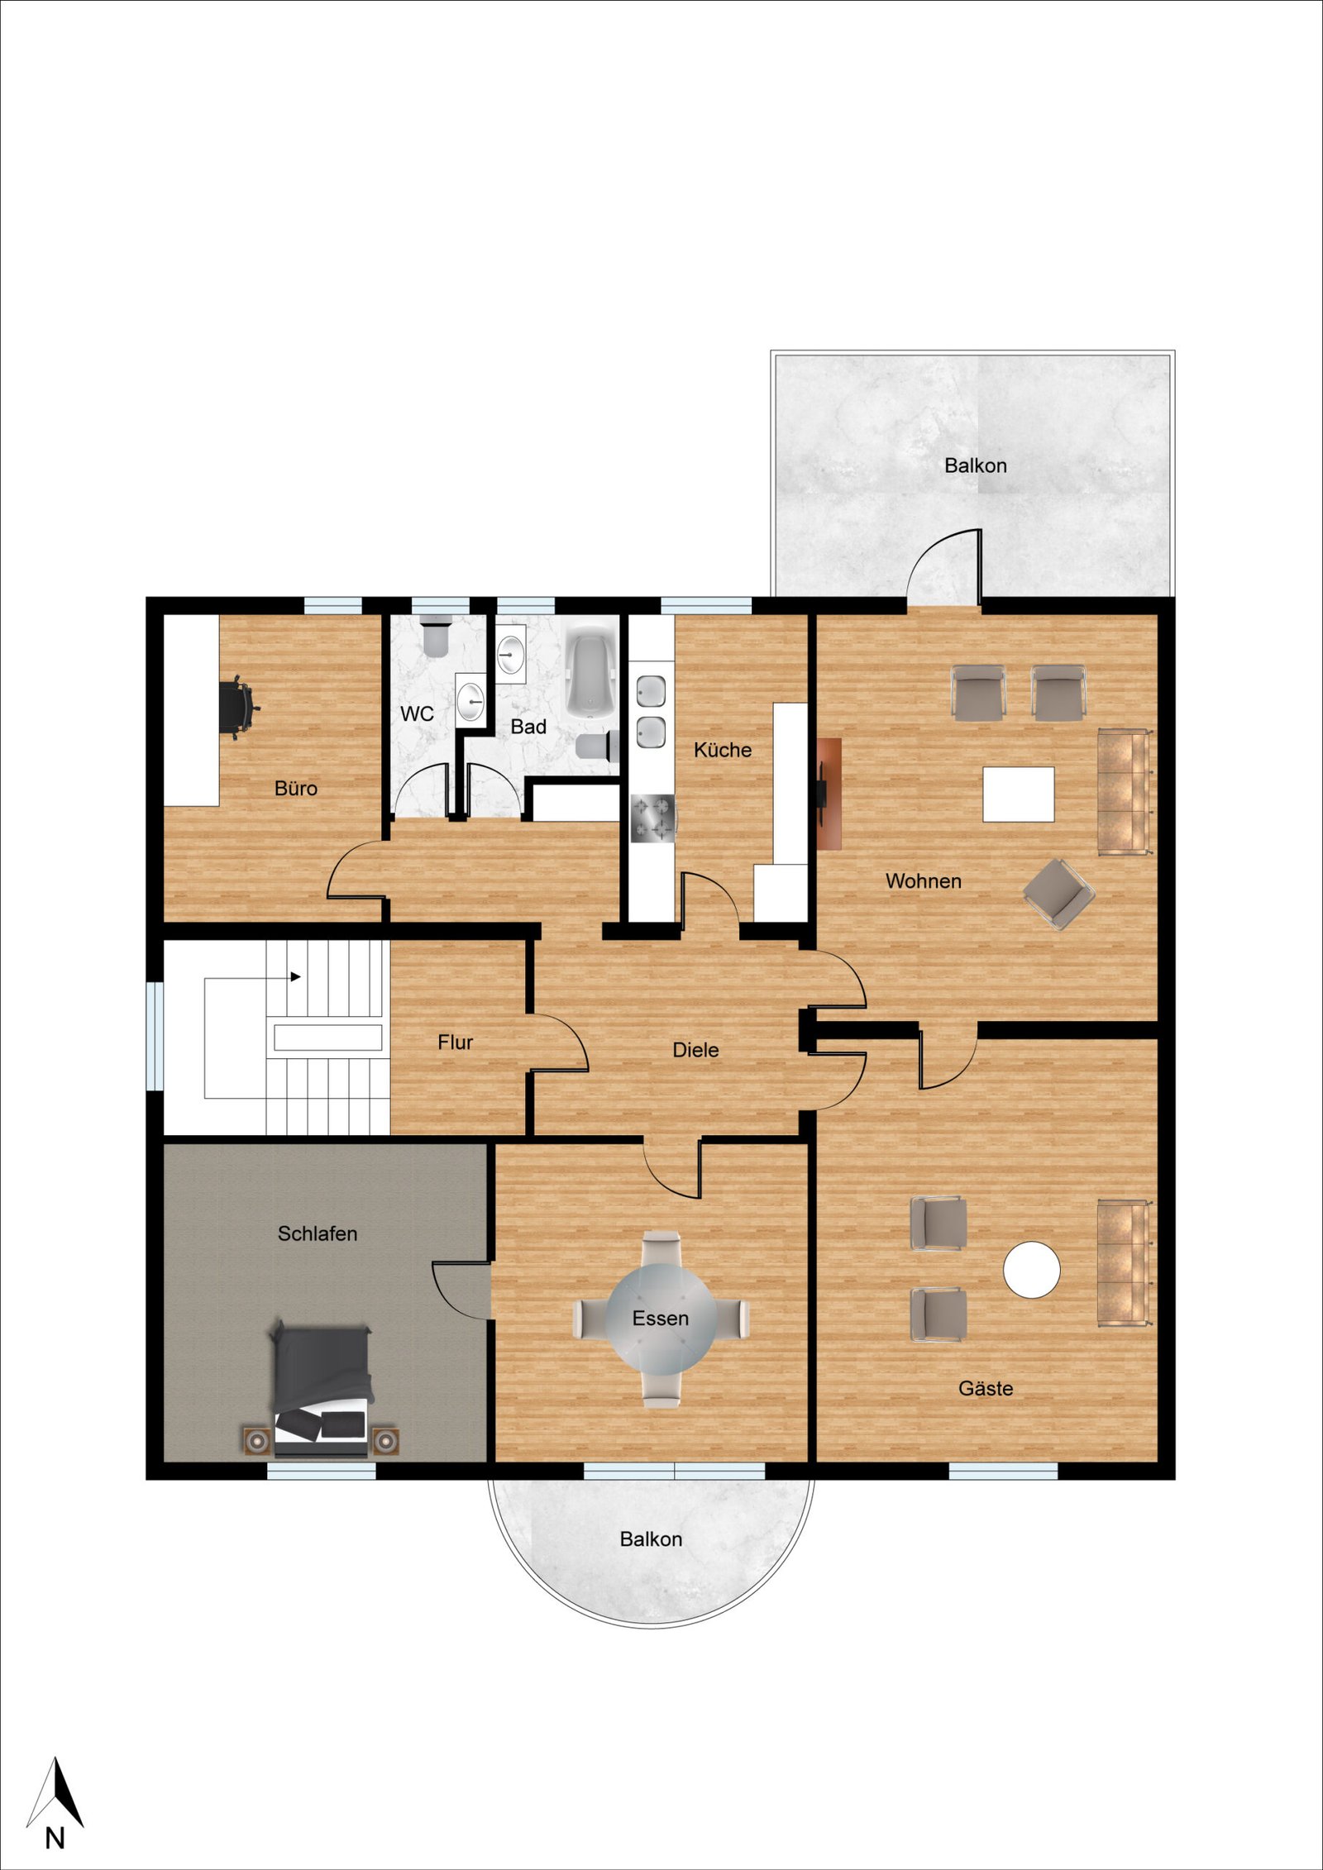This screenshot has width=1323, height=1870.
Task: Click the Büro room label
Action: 296,789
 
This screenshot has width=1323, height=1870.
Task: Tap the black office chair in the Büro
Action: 239,708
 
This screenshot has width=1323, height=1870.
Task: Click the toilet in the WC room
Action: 436,637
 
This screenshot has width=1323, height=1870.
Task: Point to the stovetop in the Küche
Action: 653,818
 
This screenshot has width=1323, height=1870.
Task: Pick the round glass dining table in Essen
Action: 661,1318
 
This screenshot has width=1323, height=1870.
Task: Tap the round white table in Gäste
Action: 1031,1269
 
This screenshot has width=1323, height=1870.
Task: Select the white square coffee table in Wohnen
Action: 1018,794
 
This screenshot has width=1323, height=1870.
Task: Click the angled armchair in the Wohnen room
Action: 1058,893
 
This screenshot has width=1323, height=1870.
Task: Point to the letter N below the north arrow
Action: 55,1838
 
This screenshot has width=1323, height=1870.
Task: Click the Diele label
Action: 695,1050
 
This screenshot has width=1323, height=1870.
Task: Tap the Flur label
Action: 455,1042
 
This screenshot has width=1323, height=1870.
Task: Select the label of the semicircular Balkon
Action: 651,1539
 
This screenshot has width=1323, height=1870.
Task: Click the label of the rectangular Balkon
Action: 976,465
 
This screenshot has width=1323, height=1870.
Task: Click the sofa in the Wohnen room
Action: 1125,791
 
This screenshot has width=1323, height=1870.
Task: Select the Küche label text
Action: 723,750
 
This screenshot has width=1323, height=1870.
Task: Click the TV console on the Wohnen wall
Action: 829,794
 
